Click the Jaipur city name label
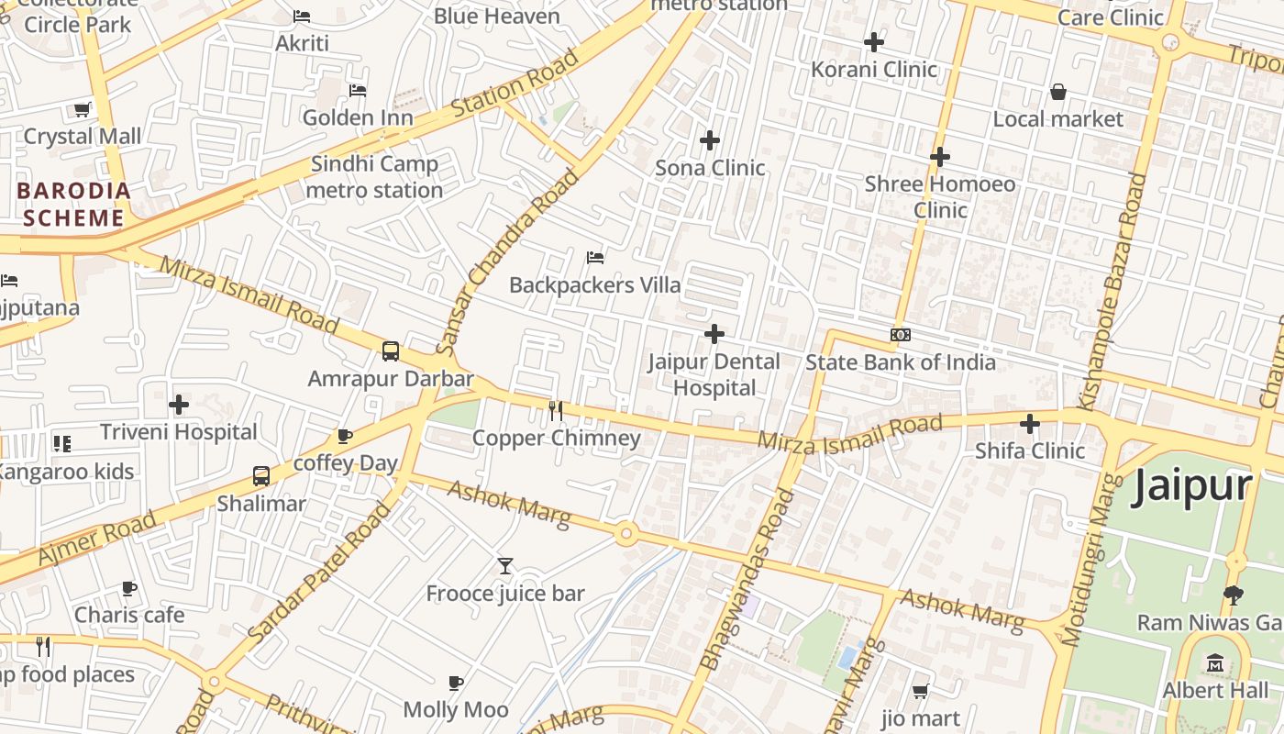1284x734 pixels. point(1191,486)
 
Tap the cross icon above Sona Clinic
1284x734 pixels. point(709,140)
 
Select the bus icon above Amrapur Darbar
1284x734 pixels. point(391,351)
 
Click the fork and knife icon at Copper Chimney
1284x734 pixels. point(556,410)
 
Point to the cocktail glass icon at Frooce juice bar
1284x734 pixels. point(504,566)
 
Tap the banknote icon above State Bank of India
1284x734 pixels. point(901,335)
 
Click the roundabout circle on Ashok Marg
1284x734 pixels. point(626,533)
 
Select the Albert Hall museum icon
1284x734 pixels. point(1216,662)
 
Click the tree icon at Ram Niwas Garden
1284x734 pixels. point(1234,595)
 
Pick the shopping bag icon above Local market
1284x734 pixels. point(1057,92)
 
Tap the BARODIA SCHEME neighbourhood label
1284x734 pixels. point(73,205)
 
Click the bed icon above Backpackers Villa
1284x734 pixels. point(595,258)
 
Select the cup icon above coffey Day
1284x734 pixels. point(345,436)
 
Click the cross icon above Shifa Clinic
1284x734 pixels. point(1030,424)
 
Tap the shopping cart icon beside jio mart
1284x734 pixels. point(920,691)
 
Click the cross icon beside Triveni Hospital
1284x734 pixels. point(179,404)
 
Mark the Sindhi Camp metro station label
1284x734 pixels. point(374,177)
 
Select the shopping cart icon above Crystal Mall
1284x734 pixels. point(82,109)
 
